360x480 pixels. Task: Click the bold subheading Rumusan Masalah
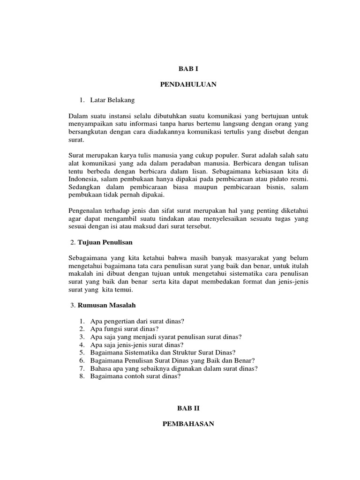pyautogui.click(x=106, y=305)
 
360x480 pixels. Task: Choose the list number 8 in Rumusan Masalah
pyautogui.click(x=81, y=376)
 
